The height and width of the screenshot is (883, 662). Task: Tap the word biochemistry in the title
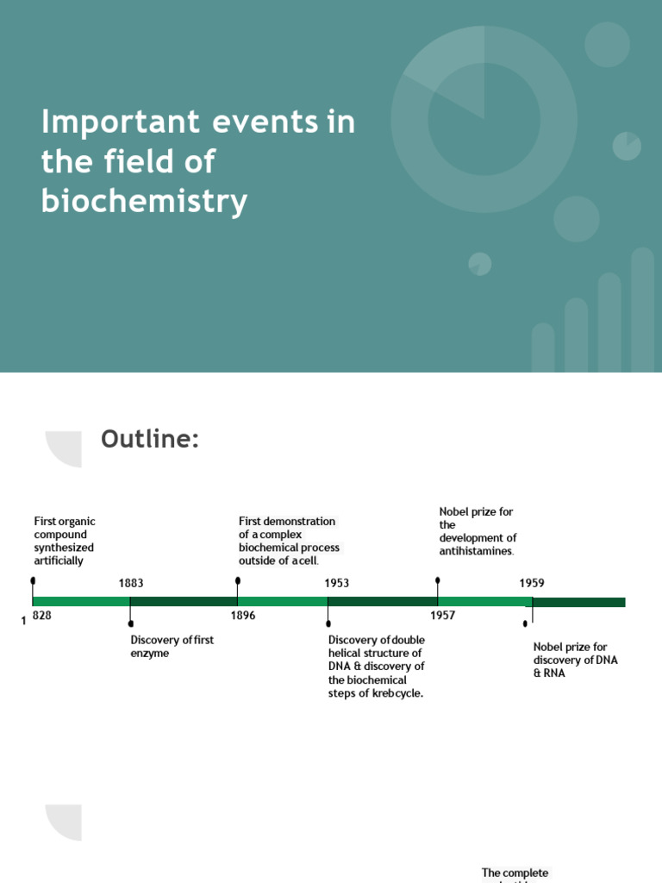[x=144, y=201]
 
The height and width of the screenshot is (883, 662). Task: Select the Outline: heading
[x=150, y=439]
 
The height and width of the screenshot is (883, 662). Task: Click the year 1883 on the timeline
[x=131, y=583]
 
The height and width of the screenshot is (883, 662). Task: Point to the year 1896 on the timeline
[x=243, y=616]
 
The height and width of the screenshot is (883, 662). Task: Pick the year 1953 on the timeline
[x=337, y=583]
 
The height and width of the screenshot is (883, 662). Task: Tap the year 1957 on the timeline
[x=443, y=616]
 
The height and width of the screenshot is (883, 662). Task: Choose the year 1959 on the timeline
[x=532, y=583]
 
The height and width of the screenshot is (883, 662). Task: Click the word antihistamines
[x=476, y=551]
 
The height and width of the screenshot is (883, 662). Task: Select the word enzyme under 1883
[x=150, y=654]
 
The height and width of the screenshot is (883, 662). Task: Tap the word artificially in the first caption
[x=59, y=561]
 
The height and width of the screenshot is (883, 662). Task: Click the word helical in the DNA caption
[x=347, y=654]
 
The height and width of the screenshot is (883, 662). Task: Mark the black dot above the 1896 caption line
[x=237, y=580]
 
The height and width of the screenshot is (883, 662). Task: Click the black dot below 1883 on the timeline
[x=131, y=623]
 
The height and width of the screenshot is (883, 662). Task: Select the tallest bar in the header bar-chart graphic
[x=642, y=310]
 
